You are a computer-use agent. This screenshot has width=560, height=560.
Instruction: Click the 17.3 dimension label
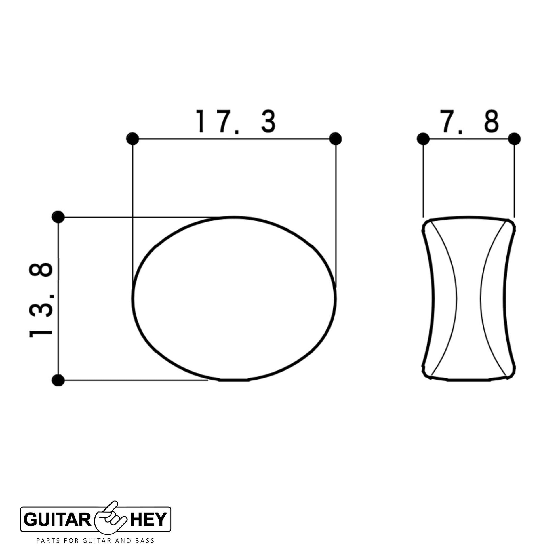236,121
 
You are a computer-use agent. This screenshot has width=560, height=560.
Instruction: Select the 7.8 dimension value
469,121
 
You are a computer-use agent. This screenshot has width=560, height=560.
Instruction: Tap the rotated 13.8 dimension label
41,300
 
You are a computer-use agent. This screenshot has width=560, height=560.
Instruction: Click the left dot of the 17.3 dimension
132,138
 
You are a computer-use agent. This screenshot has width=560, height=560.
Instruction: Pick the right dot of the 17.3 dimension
336,138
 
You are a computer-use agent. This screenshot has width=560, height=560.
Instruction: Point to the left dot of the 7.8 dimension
423,138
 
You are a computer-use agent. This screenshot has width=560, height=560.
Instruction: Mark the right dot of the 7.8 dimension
514,138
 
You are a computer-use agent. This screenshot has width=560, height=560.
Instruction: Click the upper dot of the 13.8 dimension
58,217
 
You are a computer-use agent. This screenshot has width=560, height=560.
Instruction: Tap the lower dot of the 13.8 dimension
58,380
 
